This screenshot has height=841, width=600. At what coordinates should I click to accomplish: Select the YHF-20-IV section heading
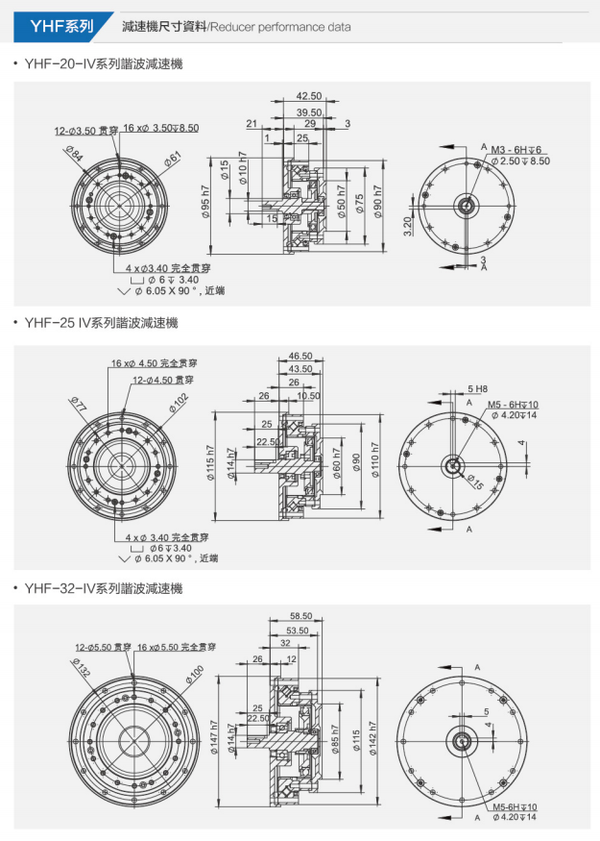pos(103,64)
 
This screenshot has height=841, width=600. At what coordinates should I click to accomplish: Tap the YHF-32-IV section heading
pos(103,588)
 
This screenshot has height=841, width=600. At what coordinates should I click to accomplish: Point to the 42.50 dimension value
pos(309,96)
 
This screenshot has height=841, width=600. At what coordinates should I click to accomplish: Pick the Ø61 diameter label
pos(173,158)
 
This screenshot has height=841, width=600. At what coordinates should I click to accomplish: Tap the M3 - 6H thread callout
pos(516,151)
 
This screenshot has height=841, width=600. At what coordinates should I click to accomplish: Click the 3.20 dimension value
pos(408,227)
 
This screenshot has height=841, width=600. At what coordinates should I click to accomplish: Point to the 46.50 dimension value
pos(300,357)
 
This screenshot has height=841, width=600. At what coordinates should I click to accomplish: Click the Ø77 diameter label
pos(78,405)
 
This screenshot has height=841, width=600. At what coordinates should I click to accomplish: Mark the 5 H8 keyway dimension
pos(478,388)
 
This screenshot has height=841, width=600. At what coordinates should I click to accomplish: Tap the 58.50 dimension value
pos(300,616)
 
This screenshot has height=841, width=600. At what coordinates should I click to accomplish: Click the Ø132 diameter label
pos(81,669)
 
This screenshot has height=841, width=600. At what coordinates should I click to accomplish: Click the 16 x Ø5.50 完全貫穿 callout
pos(177,647)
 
